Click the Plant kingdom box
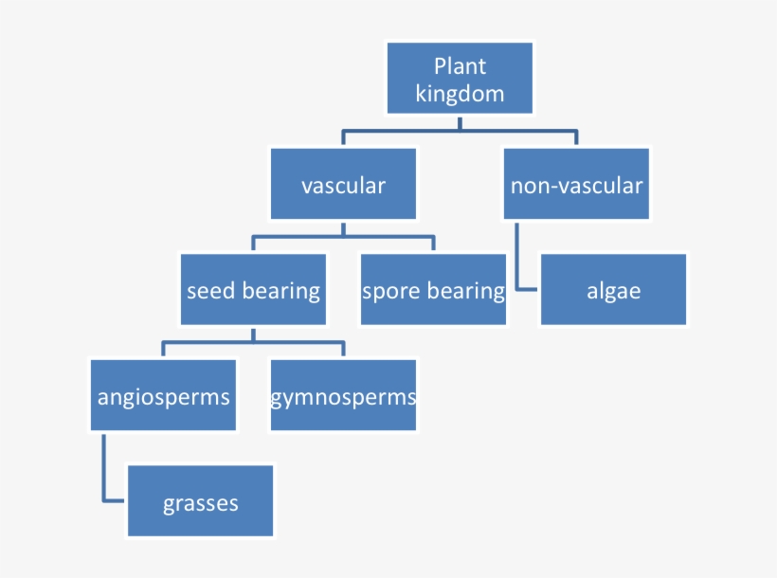pyautogui.click(x=460, y=78)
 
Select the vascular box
pyautogui.click(x=343, y=184)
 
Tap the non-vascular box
pyautogui.click(x=576, y=184)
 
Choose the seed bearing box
pyautogui.click(x=253, y=290)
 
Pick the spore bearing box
pyautogui.click(x=434, y=290)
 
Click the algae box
pyautogui.click(x=613, y=290)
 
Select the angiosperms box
pyautogui.click(x=164, y=395)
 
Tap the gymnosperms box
pyautogui.click(x=343, y=395)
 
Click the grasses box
pyautogui.click(x=200, y=500)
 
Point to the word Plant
pyautogui.click(x=460, y=66)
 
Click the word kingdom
pyautogui.click(x=460, y=94)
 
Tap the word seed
pyautogui.click(x=210, y=291)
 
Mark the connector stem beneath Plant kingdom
pyautogui.click(x=460, y=124)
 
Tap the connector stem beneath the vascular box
pyautogui.click(x=343, y=229)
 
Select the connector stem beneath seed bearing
pyautogui.click(x=253, y=335)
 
